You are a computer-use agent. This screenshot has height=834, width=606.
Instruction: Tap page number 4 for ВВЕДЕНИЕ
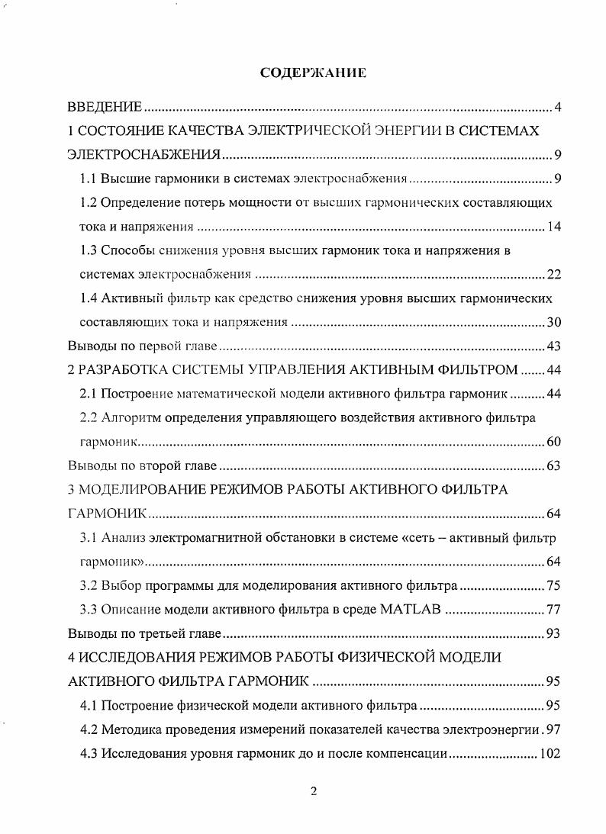(558, 107)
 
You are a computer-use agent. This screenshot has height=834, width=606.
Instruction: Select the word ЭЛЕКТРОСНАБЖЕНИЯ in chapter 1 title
(144, 156)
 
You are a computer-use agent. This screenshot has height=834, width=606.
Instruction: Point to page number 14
(554, 227)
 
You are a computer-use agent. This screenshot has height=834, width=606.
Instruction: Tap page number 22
(554, 275)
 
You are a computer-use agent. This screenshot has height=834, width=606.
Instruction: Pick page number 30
(554, 322)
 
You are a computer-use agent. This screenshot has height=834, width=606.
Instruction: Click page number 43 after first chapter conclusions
(554, 346)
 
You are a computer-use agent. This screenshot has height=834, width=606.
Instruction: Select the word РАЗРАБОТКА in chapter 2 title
(115, 371)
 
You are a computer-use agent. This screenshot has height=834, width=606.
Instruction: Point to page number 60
(554, 442)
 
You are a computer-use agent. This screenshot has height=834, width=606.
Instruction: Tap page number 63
(554, 465)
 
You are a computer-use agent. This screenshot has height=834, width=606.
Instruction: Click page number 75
(554, 585)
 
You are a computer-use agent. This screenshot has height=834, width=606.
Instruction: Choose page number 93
(554, 633)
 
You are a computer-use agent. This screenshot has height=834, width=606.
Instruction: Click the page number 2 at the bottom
(313, 791)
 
